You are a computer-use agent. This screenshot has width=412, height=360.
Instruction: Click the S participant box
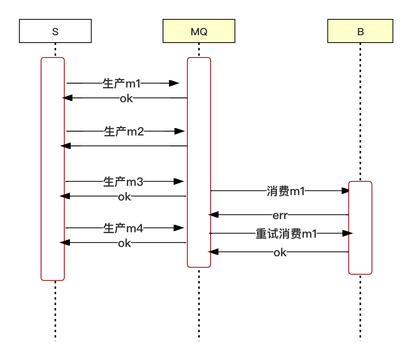click(x=55, y=31)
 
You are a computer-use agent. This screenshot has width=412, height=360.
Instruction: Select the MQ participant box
click(x=199, y=31)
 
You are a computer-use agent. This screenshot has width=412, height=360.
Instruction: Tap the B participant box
click(x=360, y=31)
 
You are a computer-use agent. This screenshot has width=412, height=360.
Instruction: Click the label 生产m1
click(x=122, y=84)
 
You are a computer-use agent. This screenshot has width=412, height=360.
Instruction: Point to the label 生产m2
click(x=124, y=131)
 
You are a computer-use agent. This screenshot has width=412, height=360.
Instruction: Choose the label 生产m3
click(x=123, y=182)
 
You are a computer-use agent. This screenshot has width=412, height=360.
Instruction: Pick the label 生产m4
click(x=123, y=228)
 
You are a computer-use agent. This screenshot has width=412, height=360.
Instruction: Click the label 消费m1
click(x=286, y=191)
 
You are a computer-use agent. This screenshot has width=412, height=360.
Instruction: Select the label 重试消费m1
click(x=286, y=234)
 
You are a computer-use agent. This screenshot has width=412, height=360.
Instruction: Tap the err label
click(x=280, y=216)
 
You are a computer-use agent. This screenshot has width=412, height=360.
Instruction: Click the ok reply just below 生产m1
click(x=126, y=98)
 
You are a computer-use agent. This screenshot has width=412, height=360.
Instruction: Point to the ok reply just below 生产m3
click(x=125, y=197)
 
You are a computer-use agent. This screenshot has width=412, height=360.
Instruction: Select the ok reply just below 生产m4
click(x=125, y=243)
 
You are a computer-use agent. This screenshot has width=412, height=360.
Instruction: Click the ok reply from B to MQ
click(x=280, y=253)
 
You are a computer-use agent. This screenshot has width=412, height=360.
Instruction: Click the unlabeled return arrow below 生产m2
click(x=124, y=146)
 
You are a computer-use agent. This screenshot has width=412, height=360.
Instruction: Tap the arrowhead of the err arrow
click(x=213, y=215)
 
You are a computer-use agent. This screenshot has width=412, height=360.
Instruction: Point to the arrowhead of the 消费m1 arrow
click(x=345, y=190)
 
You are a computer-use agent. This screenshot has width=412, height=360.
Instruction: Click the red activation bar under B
click(x=360, y=228)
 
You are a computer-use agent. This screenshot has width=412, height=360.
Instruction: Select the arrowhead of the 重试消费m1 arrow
click(x=348, y=233)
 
